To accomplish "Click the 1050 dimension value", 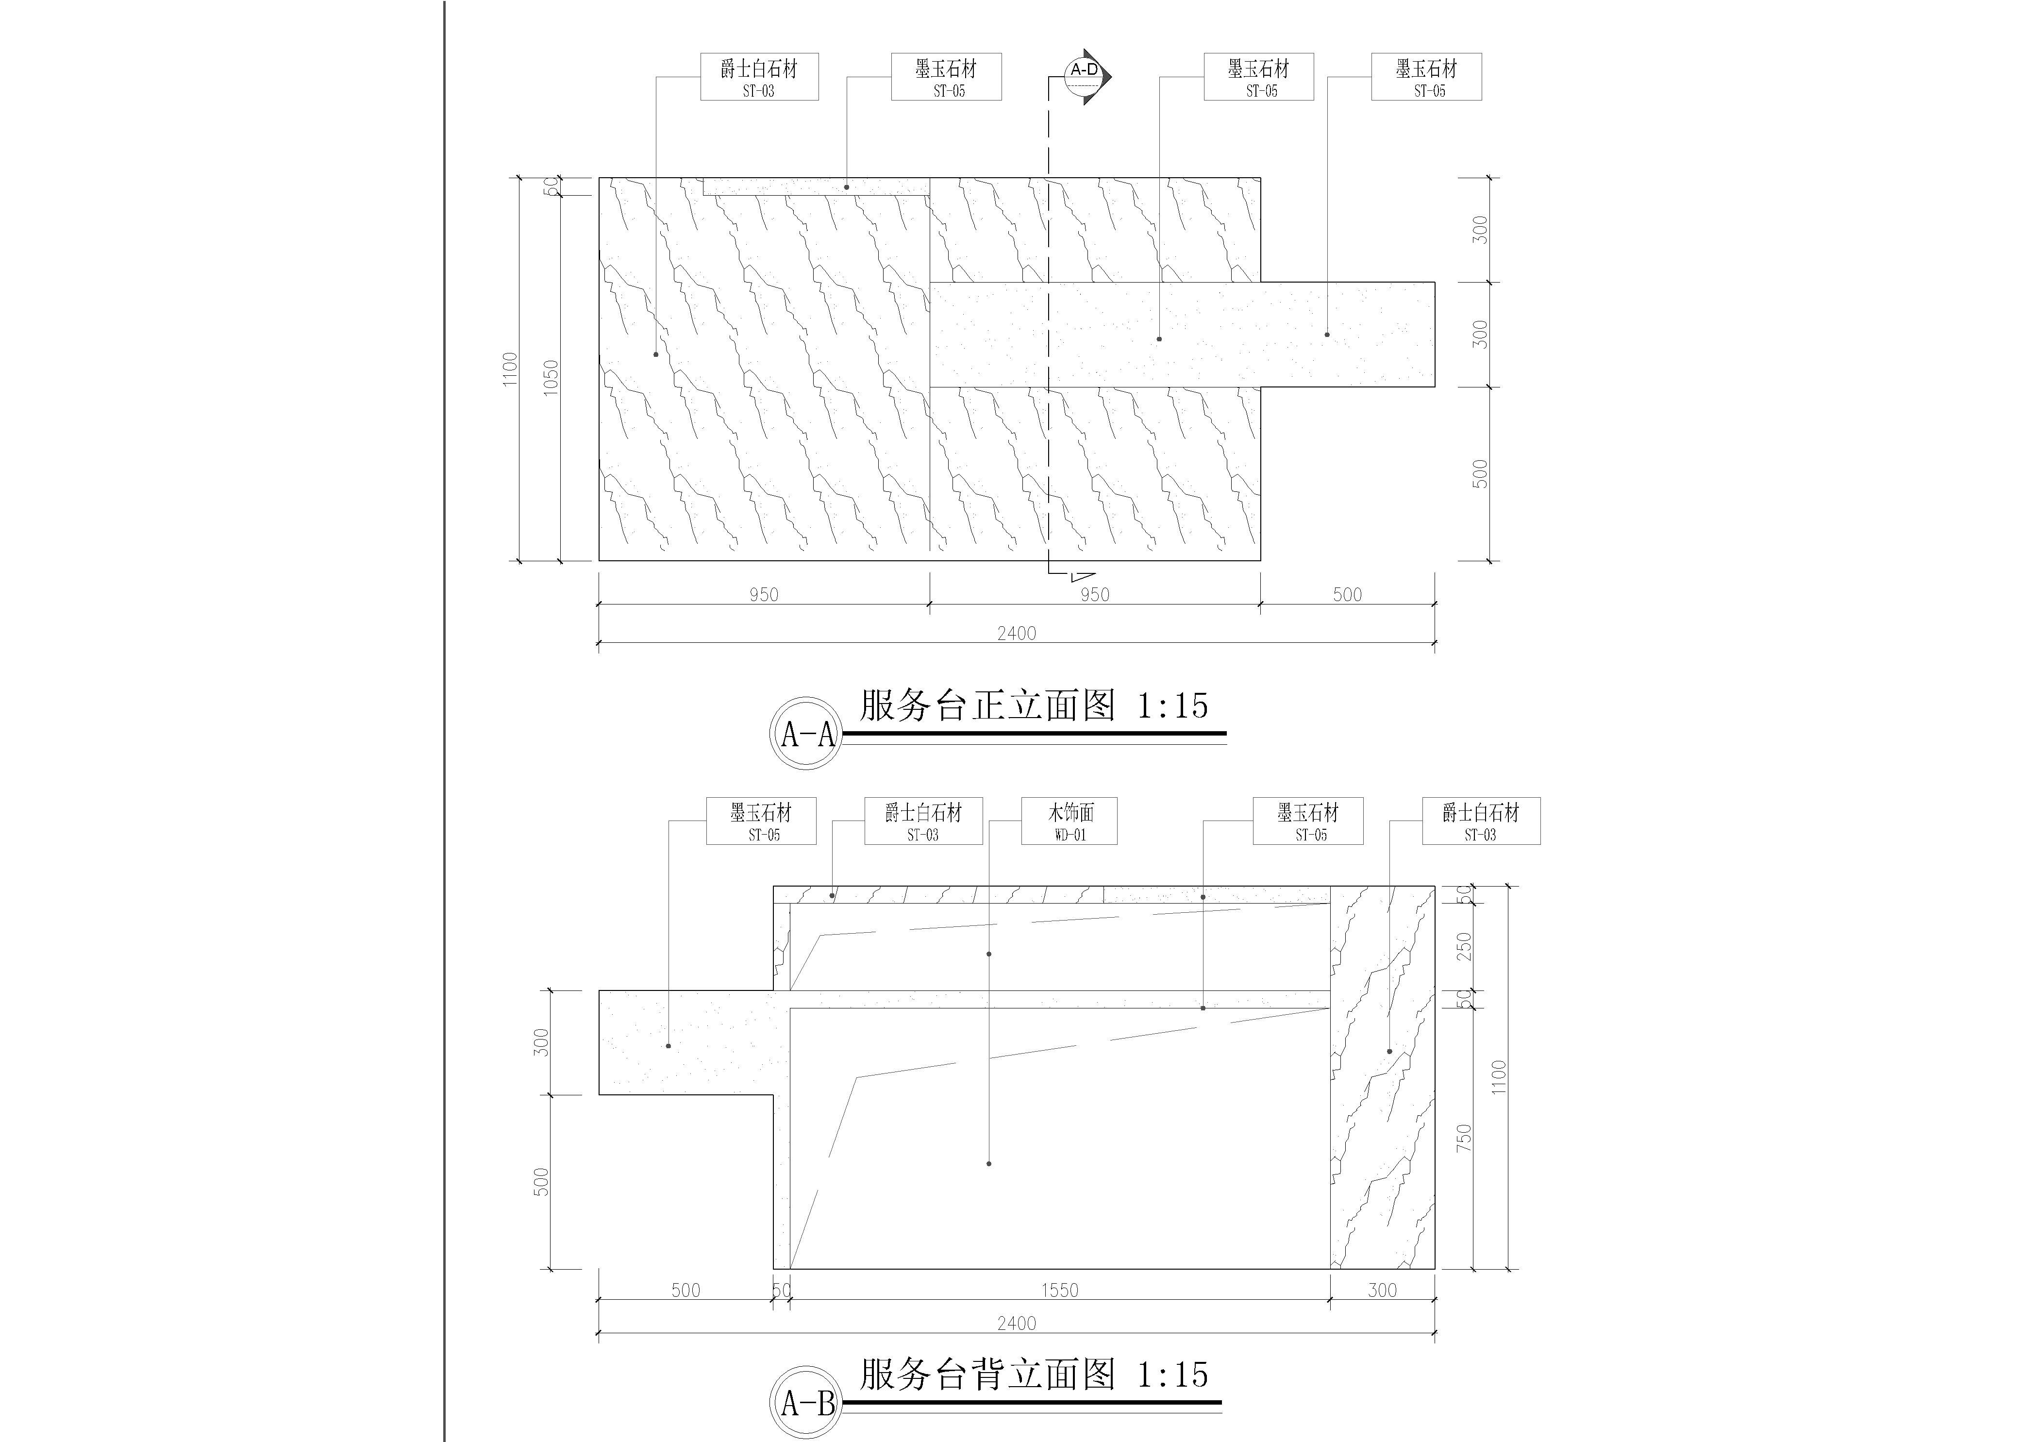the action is [552, 377].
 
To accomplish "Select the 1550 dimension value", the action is [1059, 1290].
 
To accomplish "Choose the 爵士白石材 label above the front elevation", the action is [759, 76].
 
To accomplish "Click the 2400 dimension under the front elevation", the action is [1017, 633].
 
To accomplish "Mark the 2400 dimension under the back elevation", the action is [1017, 1323].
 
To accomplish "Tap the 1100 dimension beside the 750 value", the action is [1499, 1077].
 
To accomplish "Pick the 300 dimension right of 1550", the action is [1383, 1290].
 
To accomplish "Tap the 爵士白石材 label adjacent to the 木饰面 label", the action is [923, 821].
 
